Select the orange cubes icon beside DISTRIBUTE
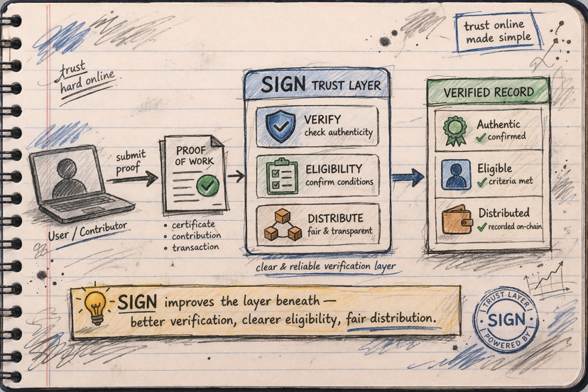(283, 224)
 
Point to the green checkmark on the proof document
(208, 187)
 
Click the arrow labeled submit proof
(132, 178)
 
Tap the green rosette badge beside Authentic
(455, 130)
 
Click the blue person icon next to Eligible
(455, 175)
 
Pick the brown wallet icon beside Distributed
(457, 220)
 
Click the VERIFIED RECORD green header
(488, 92)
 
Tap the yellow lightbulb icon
(95, 305)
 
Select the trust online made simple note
(497, 31)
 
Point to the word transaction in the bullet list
(195, 247)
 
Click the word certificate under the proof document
(193, 224)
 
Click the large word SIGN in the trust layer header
(283, 85)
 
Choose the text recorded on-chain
(511, 227)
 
